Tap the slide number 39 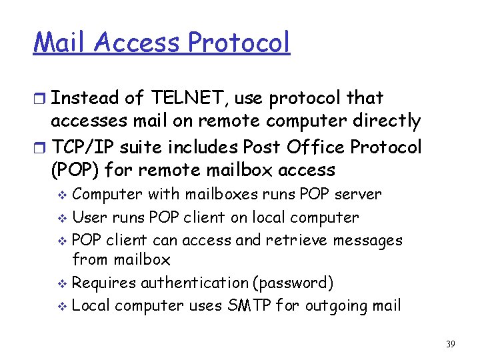click(x=450, y=344)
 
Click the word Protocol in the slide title click(x=239, y=42)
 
